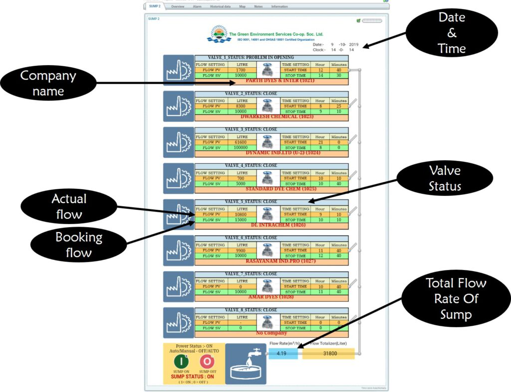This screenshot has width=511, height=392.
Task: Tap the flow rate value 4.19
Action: (x=283, y=354)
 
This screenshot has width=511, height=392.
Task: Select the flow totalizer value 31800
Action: (x=328, y=354)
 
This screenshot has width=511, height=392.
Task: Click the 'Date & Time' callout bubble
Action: (x=452, y=33)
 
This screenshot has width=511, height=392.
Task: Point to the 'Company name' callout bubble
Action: (x=48, y=83)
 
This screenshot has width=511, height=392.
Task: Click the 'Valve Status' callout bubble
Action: (x=445, y=178)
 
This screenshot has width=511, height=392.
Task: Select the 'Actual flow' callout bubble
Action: (x=69, y=206)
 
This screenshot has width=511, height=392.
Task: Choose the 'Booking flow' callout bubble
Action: (x=79, y=245)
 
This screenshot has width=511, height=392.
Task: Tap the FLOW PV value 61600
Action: (x=242, y=142)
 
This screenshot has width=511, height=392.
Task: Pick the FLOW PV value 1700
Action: (x=242, y=70)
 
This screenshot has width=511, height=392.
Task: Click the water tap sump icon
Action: (x=246, y=364)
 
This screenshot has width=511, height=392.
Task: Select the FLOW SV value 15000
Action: (x=242, y=220)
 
